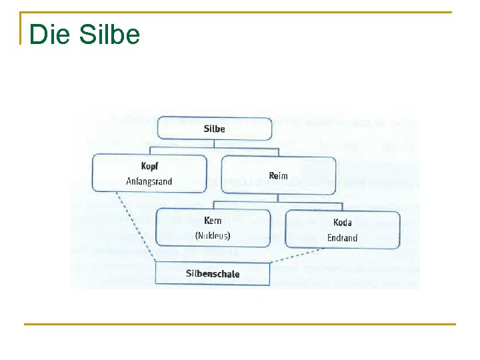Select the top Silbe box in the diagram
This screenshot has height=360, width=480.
[x=215, y=129]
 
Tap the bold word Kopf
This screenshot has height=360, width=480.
[x=150, y=167]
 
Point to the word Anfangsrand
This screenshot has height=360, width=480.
[x=149, y=181]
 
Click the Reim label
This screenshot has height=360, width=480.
[x=278, y=176]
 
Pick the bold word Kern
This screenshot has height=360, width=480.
[x=213, y=221]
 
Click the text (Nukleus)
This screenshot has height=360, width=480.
[x=213, y=235]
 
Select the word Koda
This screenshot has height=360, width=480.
[x=342, y=223]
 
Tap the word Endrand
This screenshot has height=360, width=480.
[x=342, y=238]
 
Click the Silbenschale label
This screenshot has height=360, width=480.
[x=213, y=273]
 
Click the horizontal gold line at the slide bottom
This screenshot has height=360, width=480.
[x=240, y=325]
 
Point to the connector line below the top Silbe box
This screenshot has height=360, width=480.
[x=215, y=147]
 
